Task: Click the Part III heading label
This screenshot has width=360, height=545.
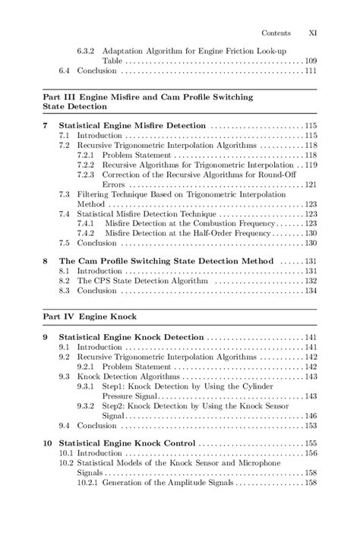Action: click(x=57, y=98)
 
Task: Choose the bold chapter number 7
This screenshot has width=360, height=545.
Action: click(x=46, y=124)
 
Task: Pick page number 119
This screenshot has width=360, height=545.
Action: click(x=310, y=164)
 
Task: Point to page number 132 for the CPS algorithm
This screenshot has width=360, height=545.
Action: click(x=310, y=280)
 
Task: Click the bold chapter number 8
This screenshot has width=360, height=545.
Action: click(x=46, y=260)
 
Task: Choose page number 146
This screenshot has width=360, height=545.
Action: click(x=310, y=416)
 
